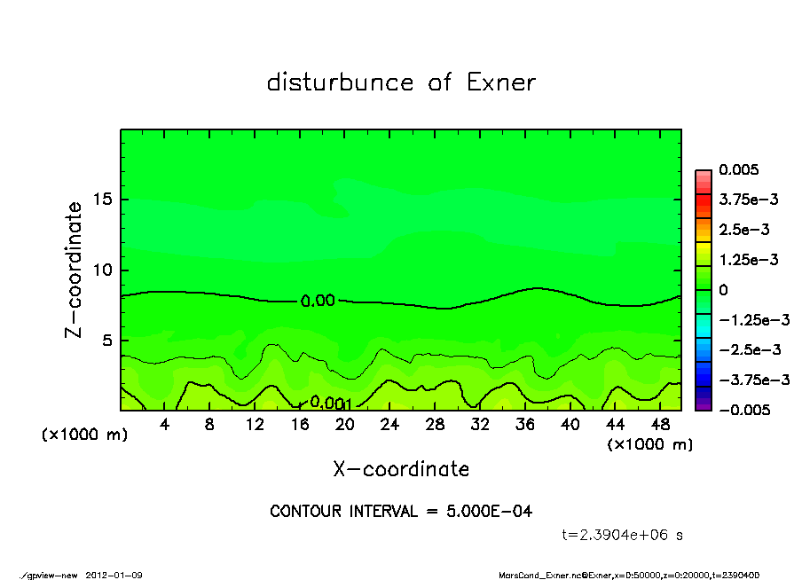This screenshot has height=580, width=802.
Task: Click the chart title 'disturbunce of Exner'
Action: tap(401, 82)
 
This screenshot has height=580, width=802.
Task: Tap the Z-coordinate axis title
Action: tap(75, 270)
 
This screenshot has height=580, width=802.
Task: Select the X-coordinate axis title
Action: tap(401, 468)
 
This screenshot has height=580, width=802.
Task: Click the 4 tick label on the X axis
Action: tap(165, 425)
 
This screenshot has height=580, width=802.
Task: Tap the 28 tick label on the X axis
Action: tap(435, 425)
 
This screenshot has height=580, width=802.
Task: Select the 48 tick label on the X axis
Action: tap(660, 425)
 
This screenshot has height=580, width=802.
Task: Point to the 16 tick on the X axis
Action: tap(300, 425)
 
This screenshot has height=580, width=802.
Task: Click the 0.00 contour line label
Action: tap(318, 301)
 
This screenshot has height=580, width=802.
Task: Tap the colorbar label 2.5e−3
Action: tap(744, 230)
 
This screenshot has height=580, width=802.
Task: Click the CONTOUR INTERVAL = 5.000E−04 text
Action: tap(401, 512)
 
